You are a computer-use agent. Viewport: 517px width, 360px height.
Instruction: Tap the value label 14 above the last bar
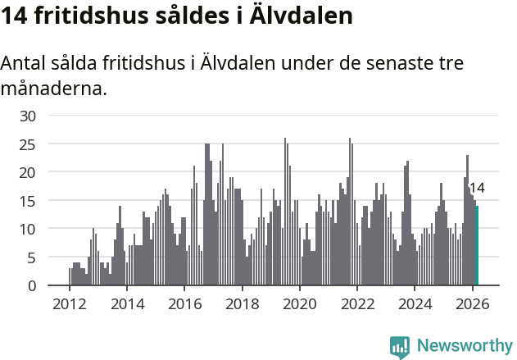click(476, 188)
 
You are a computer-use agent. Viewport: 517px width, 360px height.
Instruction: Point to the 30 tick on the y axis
click(28, 116)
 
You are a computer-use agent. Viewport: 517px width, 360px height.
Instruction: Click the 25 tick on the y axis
click(28, 144)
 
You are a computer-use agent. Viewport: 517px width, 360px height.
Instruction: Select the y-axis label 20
click(28, 172)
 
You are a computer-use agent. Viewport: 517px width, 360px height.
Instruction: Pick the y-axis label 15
click(28, 201)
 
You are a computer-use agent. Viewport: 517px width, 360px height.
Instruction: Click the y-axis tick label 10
click(28, 229)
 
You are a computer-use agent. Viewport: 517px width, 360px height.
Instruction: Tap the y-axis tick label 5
click(32, 257)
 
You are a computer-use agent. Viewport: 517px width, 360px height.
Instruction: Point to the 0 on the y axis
click(32, 285)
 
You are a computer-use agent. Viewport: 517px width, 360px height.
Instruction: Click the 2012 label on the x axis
click(69, 303)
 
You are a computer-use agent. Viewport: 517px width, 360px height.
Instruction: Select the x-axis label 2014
click(126, 303)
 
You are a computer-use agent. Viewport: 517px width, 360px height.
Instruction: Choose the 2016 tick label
click(184, 303)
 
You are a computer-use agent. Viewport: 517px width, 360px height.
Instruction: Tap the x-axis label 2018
click(242, 303)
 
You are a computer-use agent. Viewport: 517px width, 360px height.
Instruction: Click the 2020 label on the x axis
click(300, 303)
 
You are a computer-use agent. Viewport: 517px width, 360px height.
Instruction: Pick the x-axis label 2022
click(357, 303)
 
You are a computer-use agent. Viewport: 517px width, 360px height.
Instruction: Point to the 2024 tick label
click(415, 303)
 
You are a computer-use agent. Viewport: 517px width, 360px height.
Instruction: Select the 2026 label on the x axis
click(472, 303)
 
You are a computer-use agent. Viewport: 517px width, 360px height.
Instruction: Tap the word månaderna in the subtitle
click(53, 88)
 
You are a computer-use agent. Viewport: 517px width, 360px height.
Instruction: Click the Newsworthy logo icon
click(400, 346)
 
